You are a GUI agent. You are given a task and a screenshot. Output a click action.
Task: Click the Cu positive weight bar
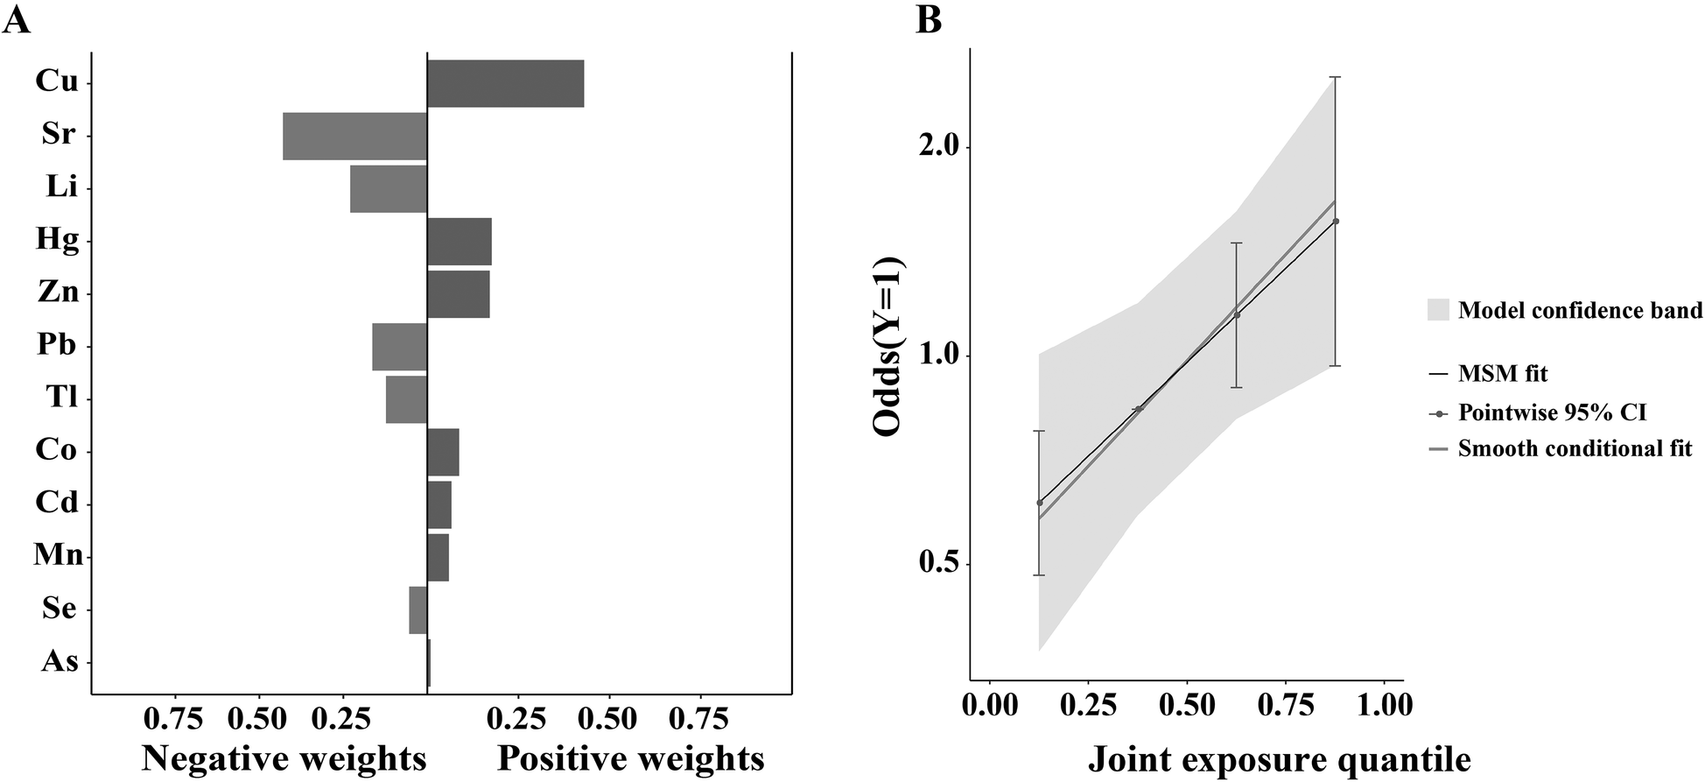click(505, 84)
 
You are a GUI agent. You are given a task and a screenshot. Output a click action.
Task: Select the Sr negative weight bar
click(354, 137)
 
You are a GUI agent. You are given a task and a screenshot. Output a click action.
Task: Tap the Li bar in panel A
click(388, 189)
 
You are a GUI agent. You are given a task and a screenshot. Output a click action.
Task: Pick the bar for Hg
click(459, 242)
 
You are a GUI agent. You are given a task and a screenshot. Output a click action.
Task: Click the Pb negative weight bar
click(399, 347)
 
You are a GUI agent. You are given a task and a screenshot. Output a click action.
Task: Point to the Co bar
click(443, 452)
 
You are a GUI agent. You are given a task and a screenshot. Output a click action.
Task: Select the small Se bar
click(417, 610)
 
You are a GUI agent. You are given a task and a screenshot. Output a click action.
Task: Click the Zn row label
click(58, 292)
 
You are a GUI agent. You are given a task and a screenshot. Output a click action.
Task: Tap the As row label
click(60, 661)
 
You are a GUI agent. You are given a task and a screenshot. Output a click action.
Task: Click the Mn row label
click(58, 555)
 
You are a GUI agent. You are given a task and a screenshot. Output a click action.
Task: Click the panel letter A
click(17, 19)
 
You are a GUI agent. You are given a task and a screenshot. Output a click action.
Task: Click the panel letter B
click(929, 19)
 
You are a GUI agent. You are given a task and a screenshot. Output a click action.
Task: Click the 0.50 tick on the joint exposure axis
click(1186, 706)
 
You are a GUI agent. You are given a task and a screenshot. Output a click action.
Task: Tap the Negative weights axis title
click(284, 758)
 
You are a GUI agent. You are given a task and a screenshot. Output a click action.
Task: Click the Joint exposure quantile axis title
click(1279, 758)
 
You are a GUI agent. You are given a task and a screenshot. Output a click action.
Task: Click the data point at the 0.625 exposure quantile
click(1237, 315)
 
